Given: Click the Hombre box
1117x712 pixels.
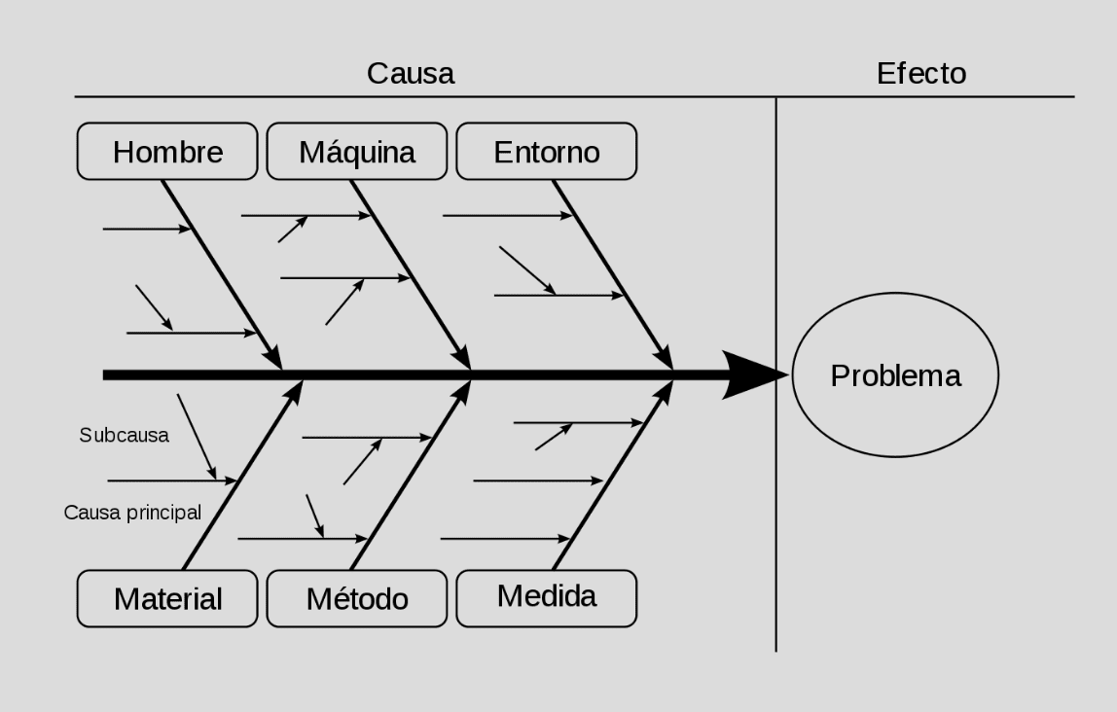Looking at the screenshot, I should (x=167, y=152).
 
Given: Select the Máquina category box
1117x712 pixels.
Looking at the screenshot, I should (x=357, y=152).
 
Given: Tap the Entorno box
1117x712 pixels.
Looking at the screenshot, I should (x=547, y=152).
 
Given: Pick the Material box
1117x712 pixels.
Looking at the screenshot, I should (x=167, y=598).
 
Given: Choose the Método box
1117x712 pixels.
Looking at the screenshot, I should (x=357, y=598).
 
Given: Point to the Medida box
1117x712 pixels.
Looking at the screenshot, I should (x=547, y=596).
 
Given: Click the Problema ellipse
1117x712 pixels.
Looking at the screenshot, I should (x=895, y=375).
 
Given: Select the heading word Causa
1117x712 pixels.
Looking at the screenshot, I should (x=411, y=73).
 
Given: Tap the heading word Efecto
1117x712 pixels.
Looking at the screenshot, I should (x=921, y=73).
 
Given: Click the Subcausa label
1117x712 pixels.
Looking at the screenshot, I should (x=124, y=435).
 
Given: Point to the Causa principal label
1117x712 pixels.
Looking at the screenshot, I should (x=132, y=513).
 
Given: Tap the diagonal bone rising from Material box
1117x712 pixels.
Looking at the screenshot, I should (x=240, y=477).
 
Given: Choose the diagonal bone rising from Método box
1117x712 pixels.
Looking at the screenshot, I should (x=409, y=477).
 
